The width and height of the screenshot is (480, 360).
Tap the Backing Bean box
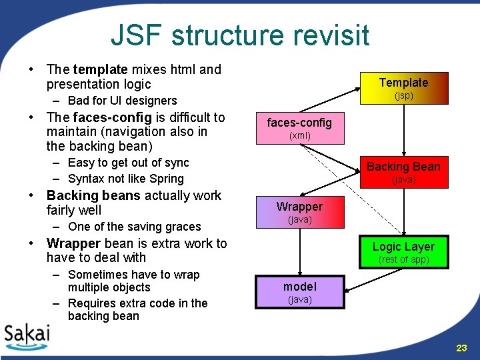pyautogui.click(x=403, y=171)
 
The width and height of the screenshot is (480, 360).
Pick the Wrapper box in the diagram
pyautogui.click(x=299, y=212)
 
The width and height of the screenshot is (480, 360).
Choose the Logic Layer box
pyautogui.click(x=403, y=251)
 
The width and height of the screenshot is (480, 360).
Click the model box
pyautogui.click(x=299, y=292)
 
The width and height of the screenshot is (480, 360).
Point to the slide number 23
pyautogui.click(x=462, y=348)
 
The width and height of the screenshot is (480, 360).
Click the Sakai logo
pyautogui.click(x=27, y=336)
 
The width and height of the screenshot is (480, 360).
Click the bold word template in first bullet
pyautogui.click(x=100, y=69)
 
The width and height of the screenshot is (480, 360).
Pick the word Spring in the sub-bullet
pyautogui.click(x=165, y=179)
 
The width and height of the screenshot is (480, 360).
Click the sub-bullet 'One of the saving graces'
pyautogui.click(x=125, y=227)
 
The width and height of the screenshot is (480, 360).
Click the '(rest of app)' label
pyautogui.click(x=403, y=259)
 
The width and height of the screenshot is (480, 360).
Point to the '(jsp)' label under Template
pyautogui.click(x=403, y=96)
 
